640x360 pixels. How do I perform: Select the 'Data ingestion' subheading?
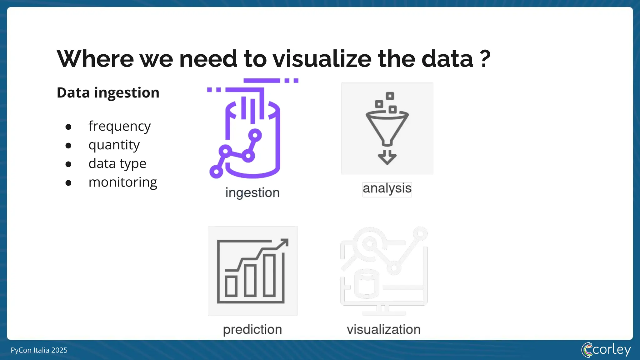pyautogui.click(x=108, y=93)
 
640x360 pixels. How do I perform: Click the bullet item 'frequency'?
pyautogui.click(x=119, y=126)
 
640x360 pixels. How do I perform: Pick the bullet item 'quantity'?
pyautogui.click(x=114, y=145)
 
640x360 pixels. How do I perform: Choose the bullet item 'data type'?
pyautogui.click(x=117, y=164)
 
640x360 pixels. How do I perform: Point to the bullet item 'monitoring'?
pyautogui.click(x=123, y=182)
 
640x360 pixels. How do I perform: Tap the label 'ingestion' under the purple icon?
pyautogui.click(x=252, y=193)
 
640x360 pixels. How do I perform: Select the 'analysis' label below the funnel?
pyautogui.click(x=387, y=189)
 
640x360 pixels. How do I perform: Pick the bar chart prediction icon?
pyautogui.click(x=252, y=271)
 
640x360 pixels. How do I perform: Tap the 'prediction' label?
pyautogui.click(x=252, y=330)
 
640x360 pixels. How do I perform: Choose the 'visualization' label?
pyautogui.click(x=384, y=330)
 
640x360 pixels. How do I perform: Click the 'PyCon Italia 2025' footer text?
pyautogui.click(x=39, y=350)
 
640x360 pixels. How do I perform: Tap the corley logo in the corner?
pyautogui.click(x=606, y=350)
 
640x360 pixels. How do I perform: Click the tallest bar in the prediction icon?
pyautogui.click(x=269, y=275)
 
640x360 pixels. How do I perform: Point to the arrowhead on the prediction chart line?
pyautogui.click(x=284, y=243)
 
